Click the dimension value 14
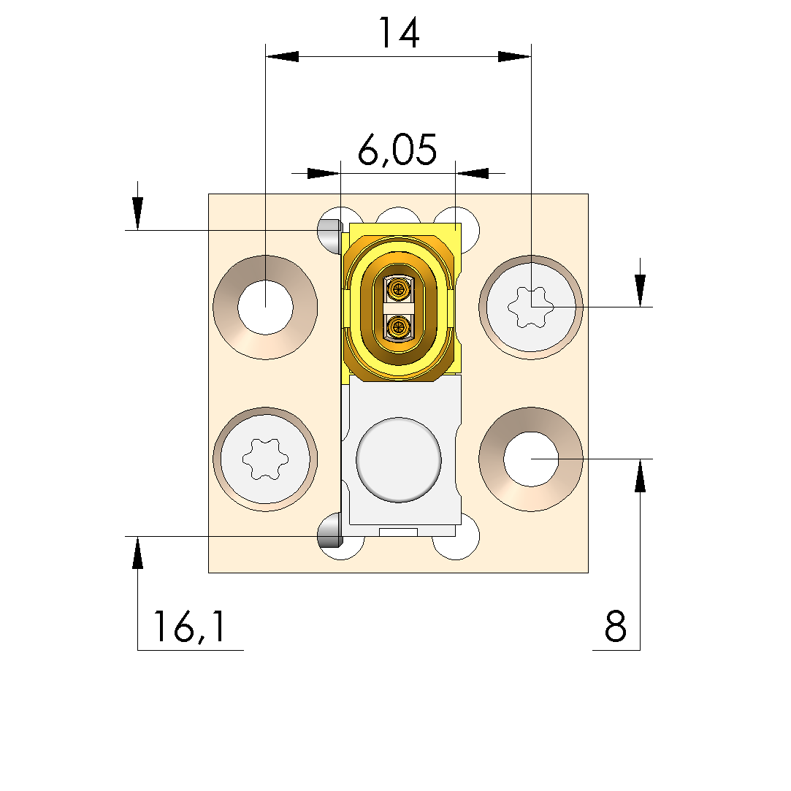tap(399, 34)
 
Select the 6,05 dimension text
tap(397, 150)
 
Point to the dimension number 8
tap(616, 626)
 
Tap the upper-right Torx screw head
tap(531, 307)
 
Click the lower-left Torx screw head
tap(265, 459)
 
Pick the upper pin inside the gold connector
tap(399, 289)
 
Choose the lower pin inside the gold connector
tap(399, 327)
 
